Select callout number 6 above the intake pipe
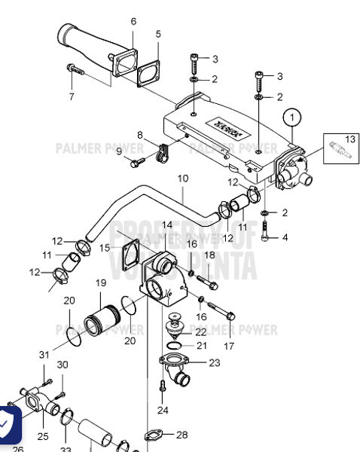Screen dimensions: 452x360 point(133,21)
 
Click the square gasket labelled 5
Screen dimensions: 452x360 point(154,72)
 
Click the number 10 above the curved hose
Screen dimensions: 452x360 point(183,179)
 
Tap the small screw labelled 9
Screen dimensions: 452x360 point(136,161)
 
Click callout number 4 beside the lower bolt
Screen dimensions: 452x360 point(284,238)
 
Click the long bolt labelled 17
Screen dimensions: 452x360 point(221,311)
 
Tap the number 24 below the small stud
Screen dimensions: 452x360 point(163,410)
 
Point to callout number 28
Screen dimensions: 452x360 point(182,435)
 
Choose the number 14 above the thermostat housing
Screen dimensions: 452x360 point(166,224)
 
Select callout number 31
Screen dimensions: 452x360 point(44,354)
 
